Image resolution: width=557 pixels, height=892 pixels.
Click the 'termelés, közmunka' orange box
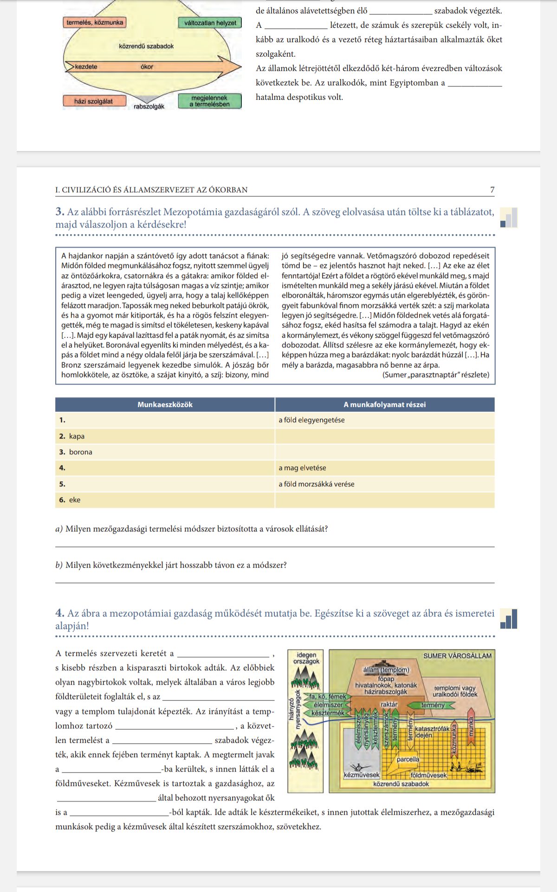95,22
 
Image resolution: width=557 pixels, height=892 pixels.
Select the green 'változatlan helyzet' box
210,23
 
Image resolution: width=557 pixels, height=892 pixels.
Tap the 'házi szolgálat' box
93,101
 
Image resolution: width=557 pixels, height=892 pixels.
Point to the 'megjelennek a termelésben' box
209,101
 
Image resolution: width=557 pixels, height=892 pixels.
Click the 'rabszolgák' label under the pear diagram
149,107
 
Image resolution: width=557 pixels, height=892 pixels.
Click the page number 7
492,190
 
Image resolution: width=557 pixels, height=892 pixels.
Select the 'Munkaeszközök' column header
165,405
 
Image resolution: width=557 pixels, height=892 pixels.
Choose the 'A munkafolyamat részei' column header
384,405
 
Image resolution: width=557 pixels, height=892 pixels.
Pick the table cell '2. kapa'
77,436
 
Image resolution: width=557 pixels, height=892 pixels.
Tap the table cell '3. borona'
80,452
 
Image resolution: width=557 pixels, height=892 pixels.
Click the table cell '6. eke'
74,500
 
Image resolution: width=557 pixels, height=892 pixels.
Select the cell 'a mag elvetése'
302,468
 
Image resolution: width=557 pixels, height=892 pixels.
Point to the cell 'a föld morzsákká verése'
316,484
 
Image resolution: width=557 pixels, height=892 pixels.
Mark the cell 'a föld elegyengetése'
311,420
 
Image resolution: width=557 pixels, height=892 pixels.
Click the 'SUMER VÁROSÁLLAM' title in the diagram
457,656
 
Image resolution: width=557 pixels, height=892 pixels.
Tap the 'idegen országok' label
306,658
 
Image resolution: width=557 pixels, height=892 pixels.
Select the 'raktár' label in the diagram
389,704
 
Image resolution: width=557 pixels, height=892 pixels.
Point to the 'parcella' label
408,759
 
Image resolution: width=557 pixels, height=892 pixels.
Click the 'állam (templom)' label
386,670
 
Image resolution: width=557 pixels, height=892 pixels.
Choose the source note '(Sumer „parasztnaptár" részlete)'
435,374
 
